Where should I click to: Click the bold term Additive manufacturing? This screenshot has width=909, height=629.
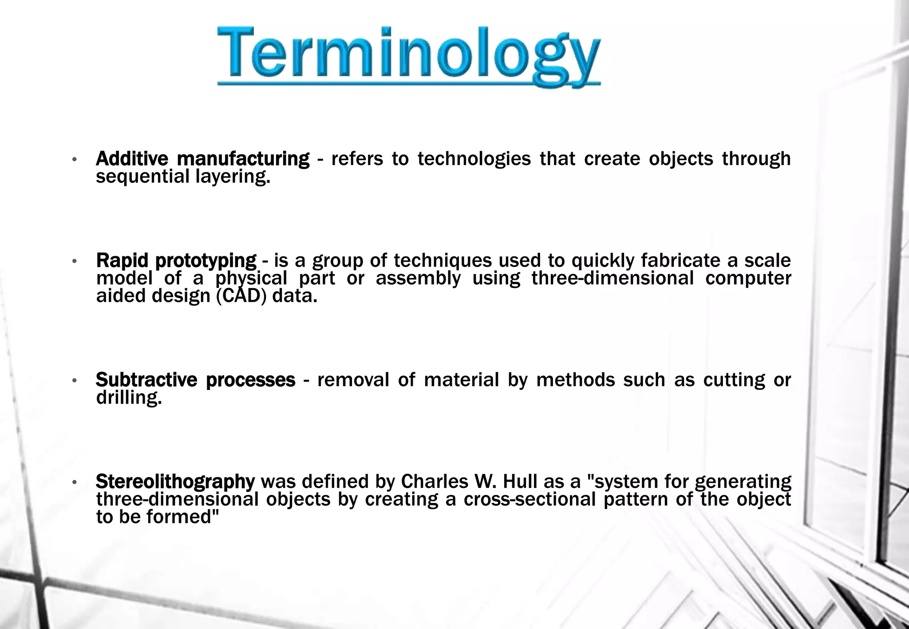[202, 159]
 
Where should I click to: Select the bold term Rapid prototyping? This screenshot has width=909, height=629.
[176, 260]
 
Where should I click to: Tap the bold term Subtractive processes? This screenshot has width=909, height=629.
[195, 380]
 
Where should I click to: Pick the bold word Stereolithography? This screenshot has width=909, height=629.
[175, 481]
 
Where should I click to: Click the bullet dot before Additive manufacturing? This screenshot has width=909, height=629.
[75, 159]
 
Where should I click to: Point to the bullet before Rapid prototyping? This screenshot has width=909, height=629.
[75, 261]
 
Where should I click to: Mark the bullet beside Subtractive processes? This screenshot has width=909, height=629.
[75, 380]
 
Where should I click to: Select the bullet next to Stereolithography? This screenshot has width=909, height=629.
[75, 482]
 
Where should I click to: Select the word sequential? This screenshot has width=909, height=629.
[143, 177]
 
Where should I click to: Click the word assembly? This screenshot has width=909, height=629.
[418, 279]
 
